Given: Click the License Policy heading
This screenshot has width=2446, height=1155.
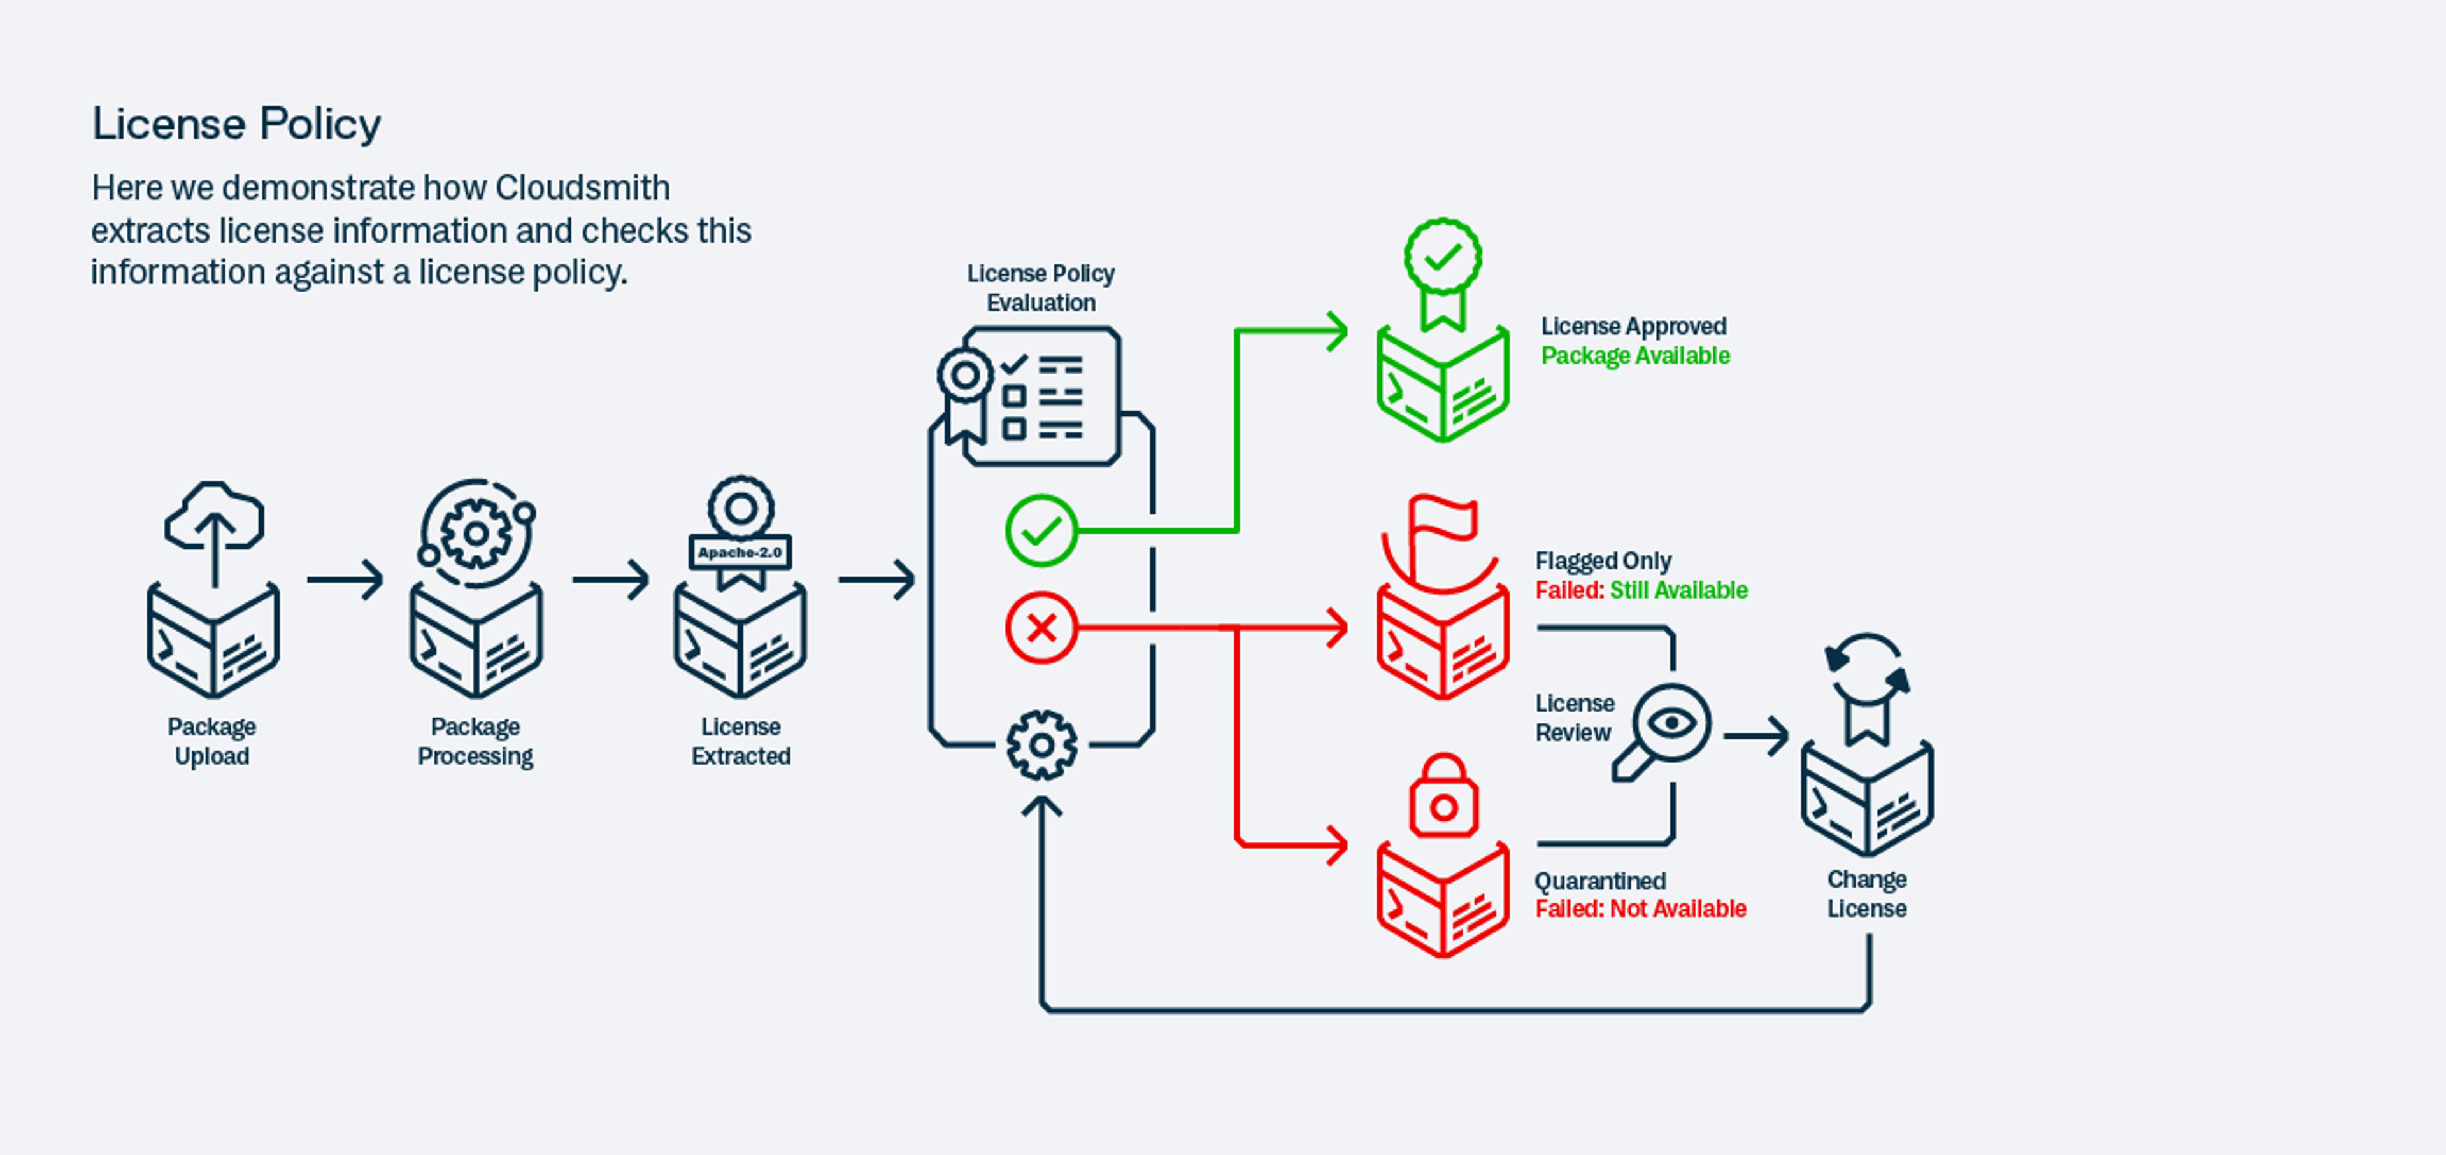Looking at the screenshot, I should (236, 124).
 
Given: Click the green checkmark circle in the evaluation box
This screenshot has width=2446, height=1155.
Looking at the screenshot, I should (1041, 530).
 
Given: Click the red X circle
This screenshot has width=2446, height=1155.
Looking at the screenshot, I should (1041, 627).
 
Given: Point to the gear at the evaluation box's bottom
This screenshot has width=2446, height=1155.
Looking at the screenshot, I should (1041, 745).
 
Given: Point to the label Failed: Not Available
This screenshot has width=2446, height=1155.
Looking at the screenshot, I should (1640, 909).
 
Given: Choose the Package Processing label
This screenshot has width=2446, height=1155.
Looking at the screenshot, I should (475, 741).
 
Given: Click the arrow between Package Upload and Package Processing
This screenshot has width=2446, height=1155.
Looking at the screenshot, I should (345, 579).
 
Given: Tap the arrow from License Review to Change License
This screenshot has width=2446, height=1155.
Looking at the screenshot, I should (1756, 735).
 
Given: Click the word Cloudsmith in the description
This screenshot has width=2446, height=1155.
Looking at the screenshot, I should (582, 188).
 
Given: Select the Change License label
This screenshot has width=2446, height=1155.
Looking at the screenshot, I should (1866, 894).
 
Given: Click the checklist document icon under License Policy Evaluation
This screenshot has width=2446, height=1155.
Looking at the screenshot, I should (1041, 397).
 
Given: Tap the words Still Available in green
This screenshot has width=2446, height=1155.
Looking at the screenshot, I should (1678, 590).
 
